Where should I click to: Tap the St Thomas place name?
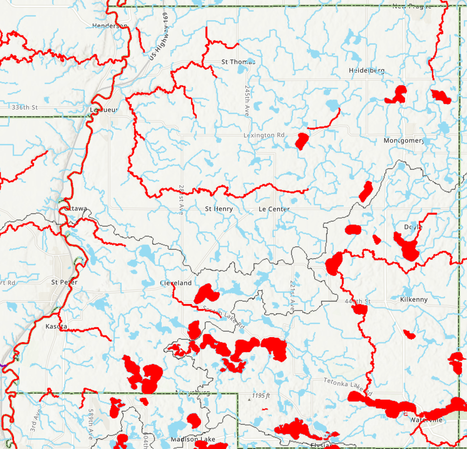click(x=238, y=62)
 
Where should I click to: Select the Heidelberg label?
click(x=367, y=70)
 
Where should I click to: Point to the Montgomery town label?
click(x=404, y=141)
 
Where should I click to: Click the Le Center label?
click(x=274, y=209)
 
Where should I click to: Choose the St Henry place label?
click(x=219, y=209)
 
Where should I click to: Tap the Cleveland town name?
click(x=176, y=283)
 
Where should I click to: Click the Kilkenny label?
click(x=414, y=299)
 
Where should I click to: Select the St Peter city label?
click(x=65, y=282)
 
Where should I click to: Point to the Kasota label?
click(x=56, y=326)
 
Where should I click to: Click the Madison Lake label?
click(x=193, y=439)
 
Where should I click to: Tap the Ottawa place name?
click(x=76, y=208)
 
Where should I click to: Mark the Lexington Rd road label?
click(x=264, y=135)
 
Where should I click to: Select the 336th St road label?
click(x=25, y=107)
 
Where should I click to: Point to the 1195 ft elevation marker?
click(x=261, y=396)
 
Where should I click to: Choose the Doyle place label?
click(x=413, y=227)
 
